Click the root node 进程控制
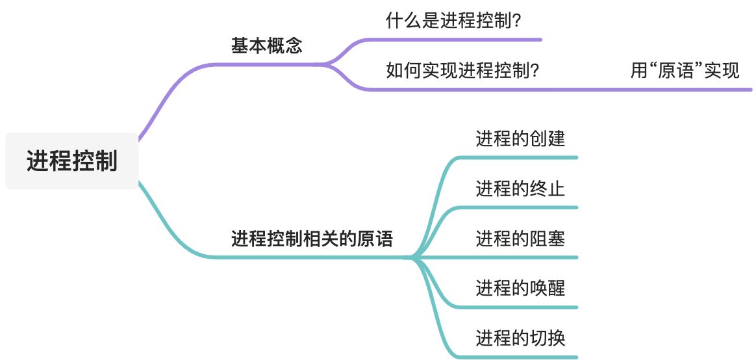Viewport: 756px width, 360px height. [72, 161]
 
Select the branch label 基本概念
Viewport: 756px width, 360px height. [267, 45]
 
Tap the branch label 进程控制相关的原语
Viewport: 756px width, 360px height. [312, 239]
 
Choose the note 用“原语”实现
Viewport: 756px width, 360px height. [685, 70]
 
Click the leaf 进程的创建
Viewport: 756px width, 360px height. [520, 138]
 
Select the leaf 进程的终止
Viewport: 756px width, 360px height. [520, 188]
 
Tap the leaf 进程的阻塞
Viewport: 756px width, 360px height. [520, 238]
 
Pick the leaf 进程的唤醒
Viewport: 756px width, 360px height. [520, 287]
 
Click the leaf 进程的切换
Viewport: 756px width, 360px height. [520, 338]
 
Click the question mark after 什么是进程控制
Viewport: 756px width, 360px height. [518, 21]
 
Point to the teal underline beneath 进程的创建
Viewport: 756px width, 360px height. [520, 157]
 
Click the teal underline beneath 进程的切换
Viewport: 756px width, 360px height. [520, 357]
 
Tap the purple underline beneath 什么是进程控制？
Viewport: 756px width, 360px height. [455, 40]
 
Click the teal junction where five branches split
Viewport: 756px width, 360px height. [413, 257]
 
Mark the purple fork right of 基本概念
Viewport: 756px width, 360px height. [327, 64]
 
